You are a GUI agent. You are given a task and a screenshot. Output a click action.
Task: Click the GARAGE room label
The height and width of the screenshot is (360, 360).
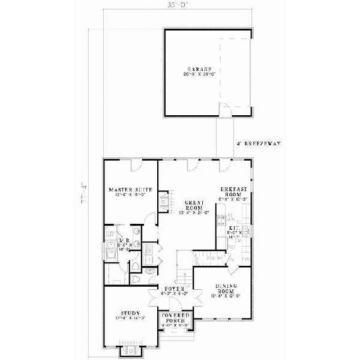(193, 70)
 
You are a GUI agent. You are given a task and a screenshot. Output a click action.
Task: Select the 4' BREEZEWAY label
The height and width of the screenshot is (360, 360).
(260, 144)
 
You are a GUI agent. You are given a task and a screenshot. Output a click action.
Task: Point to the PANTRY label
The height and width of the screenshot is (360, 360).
(216, 259)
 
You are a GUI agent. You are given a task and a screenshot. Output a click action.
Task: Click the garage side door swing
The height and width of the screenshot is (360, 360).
(224, 110)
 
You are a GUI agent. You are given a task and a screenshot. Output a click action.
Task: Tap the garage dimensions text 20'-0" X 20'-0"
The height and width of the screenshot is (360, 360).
(193, 75)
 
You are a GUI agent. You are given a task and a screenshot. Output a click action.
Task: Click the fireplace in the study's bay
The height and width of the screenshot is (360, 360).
(130, 350)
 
